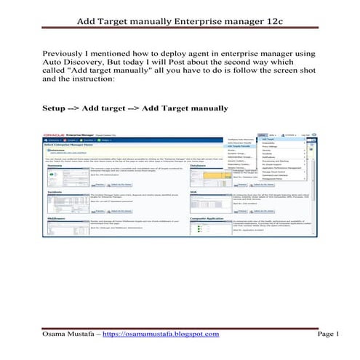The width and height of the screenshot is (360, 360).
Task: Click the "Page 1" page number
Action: [328, 334]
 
